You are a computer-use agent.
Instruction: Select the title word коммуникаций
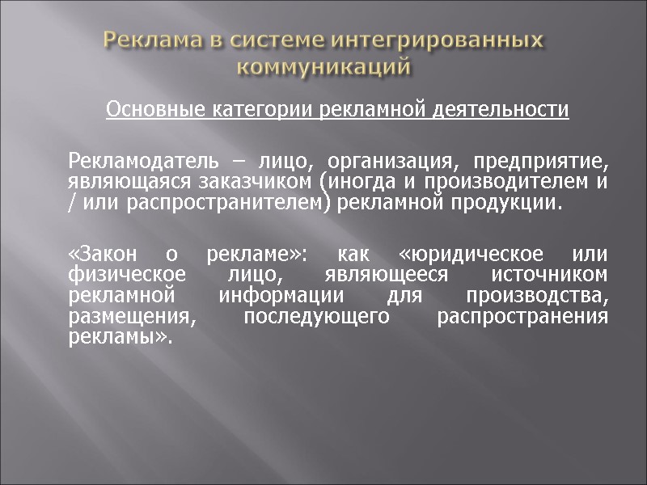click(x=324, y=65)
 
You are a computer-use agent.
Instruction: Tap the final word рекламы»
click(x=121, y=337)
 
